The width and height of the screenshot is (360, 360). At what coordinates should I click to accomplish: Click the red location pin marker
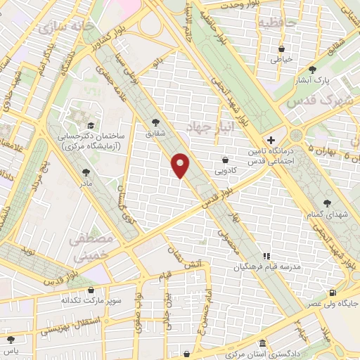click(x=181, y=165)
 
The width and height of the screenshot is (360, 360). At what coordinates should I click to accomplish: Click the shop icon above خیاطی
click(x=282, y=49)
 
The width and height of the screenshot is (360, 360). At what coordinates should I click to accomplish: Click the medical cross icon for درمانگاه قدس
click(x=271, y=140)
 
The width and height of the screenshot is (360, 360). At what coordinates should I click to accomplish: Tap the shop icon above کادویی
click(x=225, y=159)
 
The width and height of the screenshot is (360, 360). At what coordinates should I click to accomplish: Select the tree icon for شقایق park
click(x=155, y=122)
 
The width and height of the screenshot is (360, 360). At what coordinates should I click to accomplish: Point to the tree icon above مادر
click(x=86, y=172)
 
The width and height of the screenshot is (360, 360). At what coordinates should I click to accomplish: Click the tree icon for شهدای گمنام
click(x=310, y=202)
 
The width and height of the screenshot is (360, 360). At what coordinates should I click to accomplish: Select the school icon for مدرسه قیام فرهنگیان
click(x=266, y=257)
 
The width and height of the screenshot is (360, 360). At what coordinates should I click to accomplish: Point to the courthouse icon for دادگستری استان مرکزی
click(x=262, y=343)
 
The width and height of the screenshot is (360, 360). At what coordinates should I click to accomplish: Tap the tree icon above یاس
click(x=9, y=339)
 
